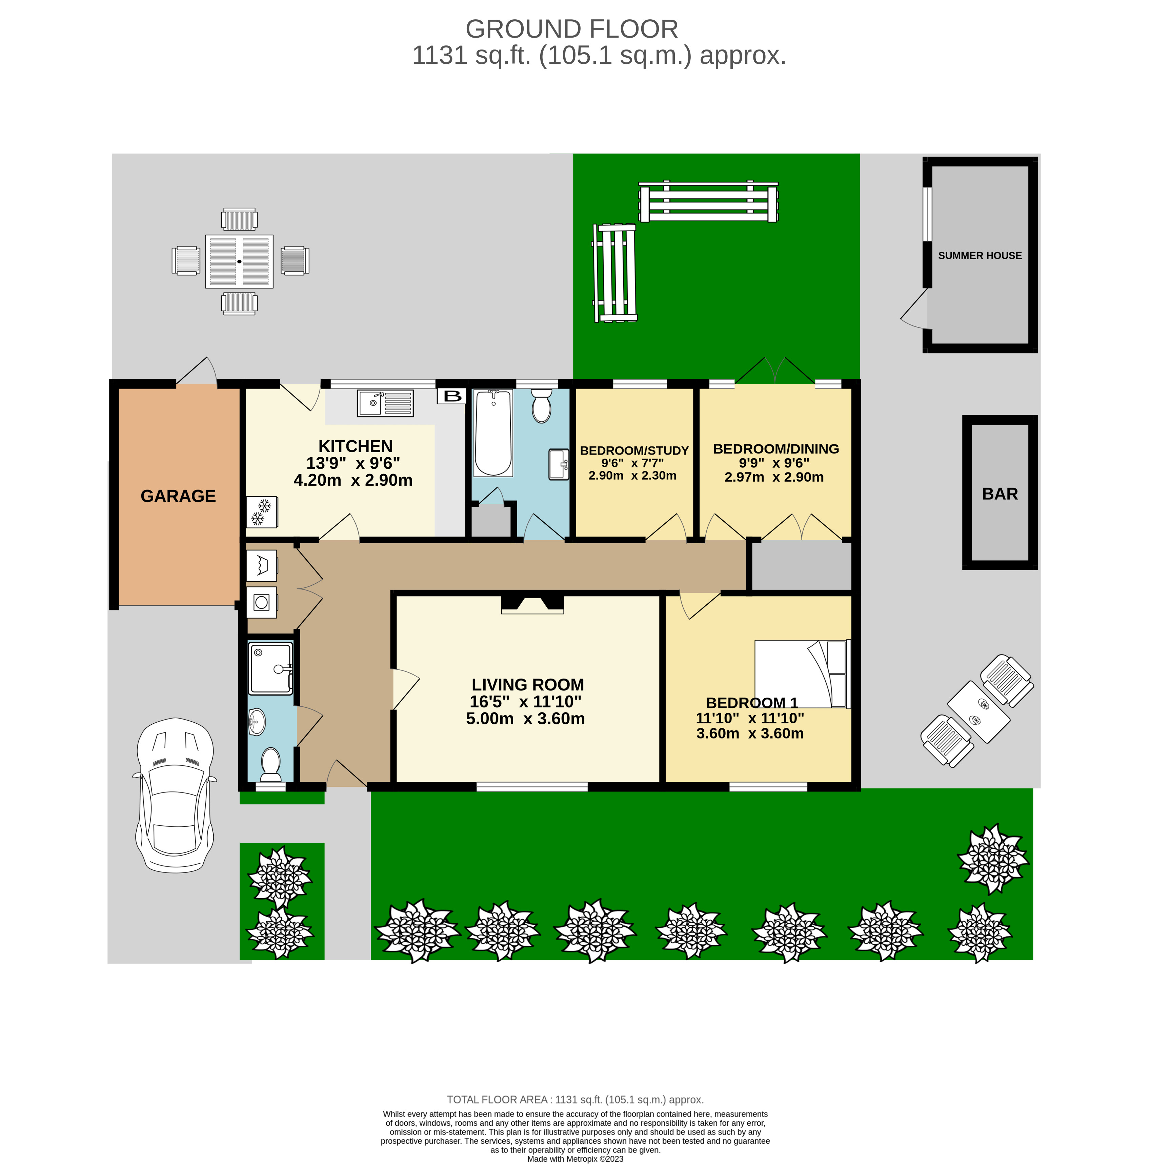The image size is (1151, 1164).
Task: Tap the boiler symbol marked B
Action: [x=452, y=396]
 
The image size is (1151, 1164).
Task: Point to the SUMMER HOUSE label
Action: [x=980, y=256]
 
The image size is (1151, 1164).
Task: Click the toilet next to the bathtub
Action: [x=542, y=405]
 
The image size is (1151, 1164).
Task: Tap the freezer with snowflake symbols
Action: [x=261, y=511]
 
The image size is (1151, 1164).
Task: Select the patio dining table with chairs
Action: [x=240, y=261]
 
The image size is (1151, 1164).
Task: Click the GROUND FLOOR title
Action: [x=571, y=29]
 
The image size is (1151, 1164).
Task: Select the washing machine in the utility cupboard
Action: [x=261, y=602]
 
